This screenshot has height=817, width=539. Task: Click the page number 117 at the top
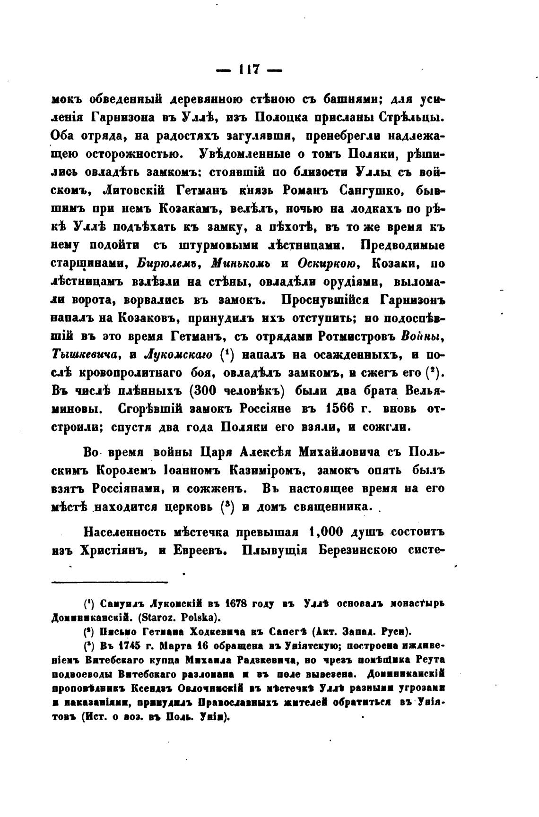249,69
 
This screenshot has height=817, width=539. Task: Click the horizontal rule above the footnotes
110,582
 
